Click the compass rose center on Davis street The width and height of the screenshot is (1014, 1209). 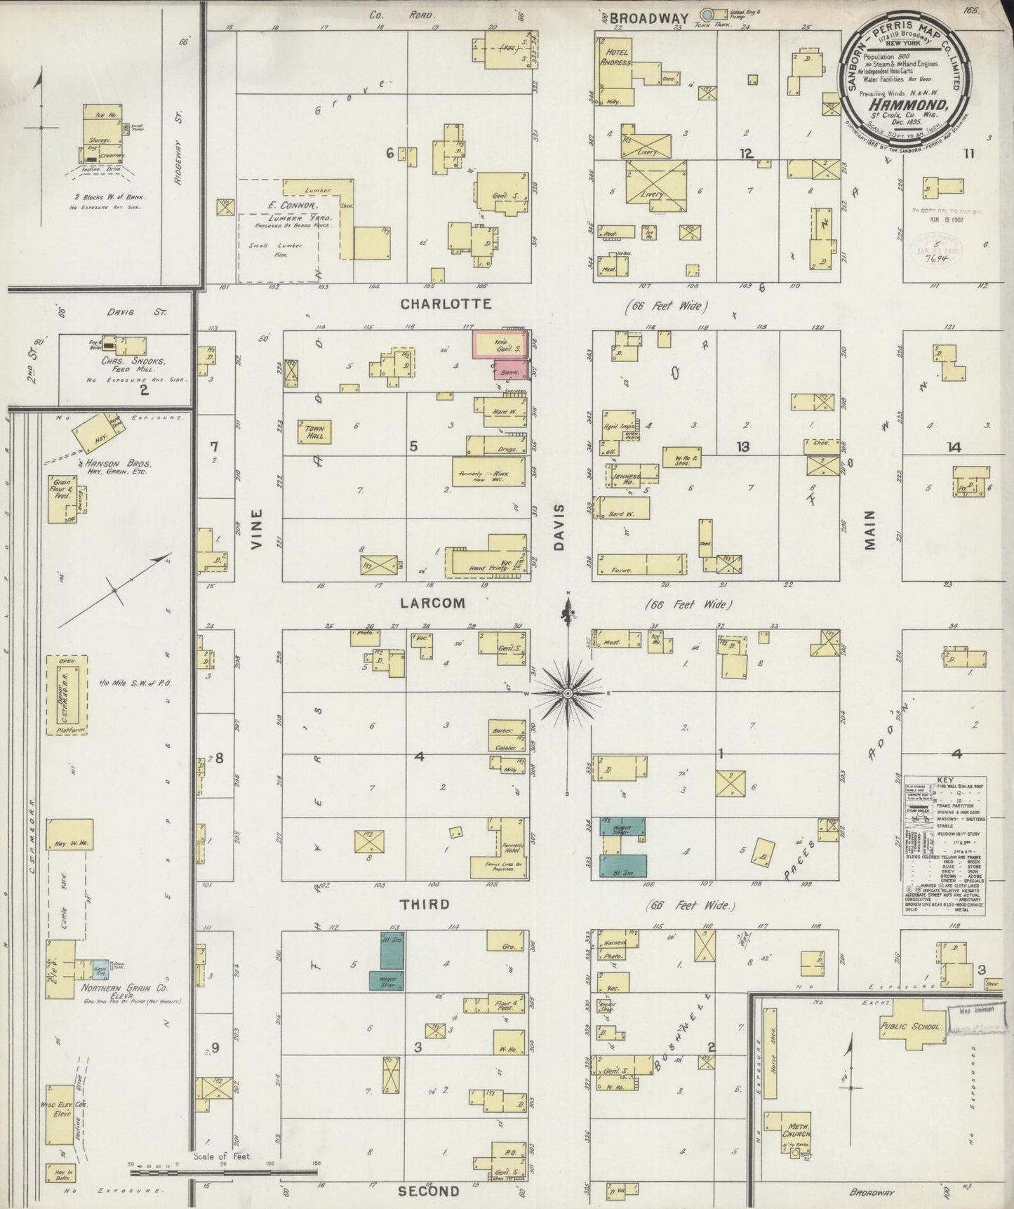(x=567, y=693)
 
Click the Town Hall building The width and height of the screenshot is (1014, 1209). (x=314, y=432)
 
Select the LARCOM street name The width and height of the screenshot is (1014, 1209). (x=433, y=603)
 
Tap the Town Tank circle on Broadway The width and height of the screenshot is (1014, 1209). (x=708, y=14)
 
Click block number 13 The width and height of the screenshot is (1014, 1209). (x=742, y=446)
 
